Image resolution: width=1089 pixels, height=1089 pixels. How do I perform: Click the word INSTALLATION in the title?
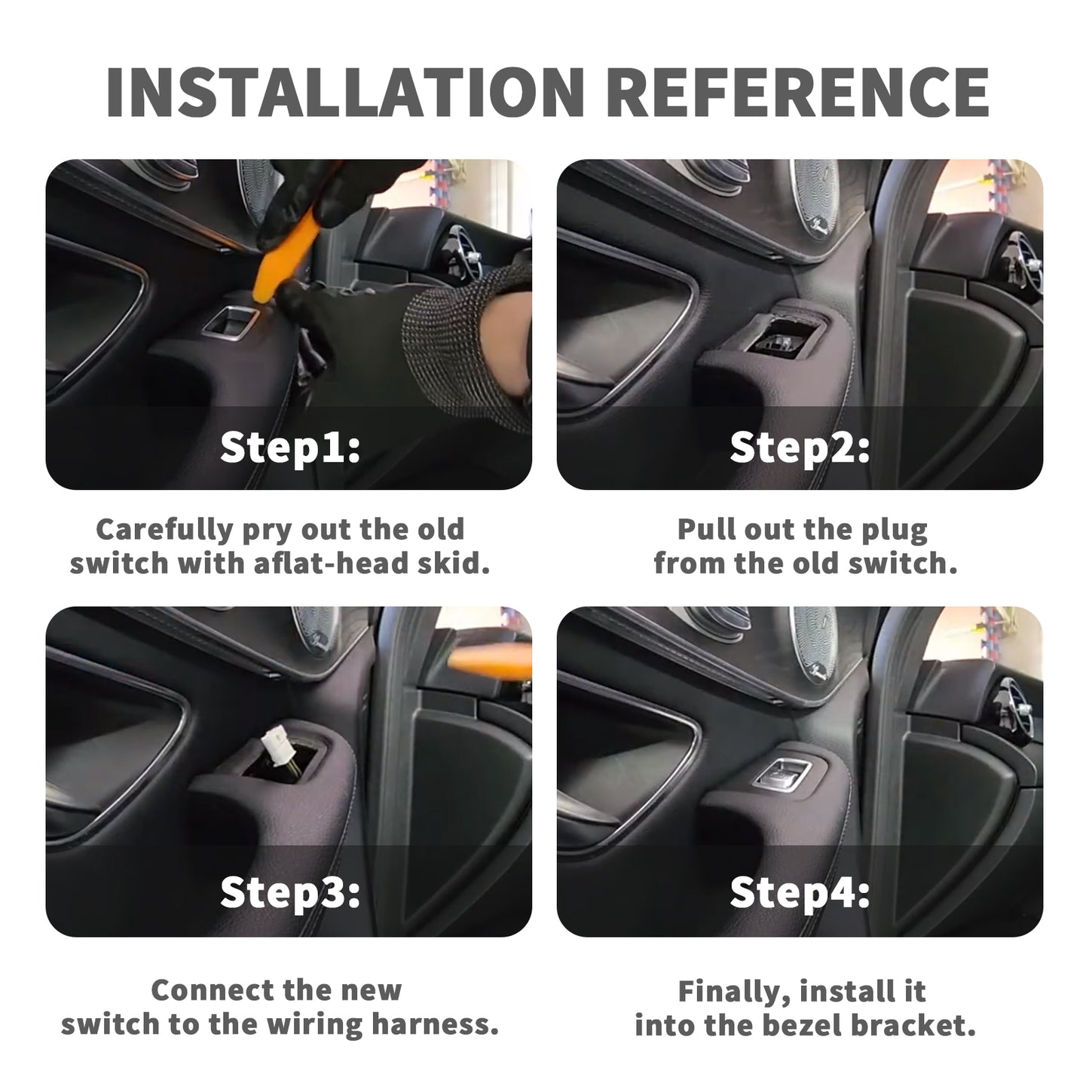coord(344,93)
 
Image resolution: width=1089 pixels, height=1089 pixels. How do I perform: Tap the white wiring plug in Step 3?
coord(275,742)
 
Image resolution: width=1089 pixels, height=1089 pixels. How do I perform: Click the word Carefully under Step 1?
coord(165,531)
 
